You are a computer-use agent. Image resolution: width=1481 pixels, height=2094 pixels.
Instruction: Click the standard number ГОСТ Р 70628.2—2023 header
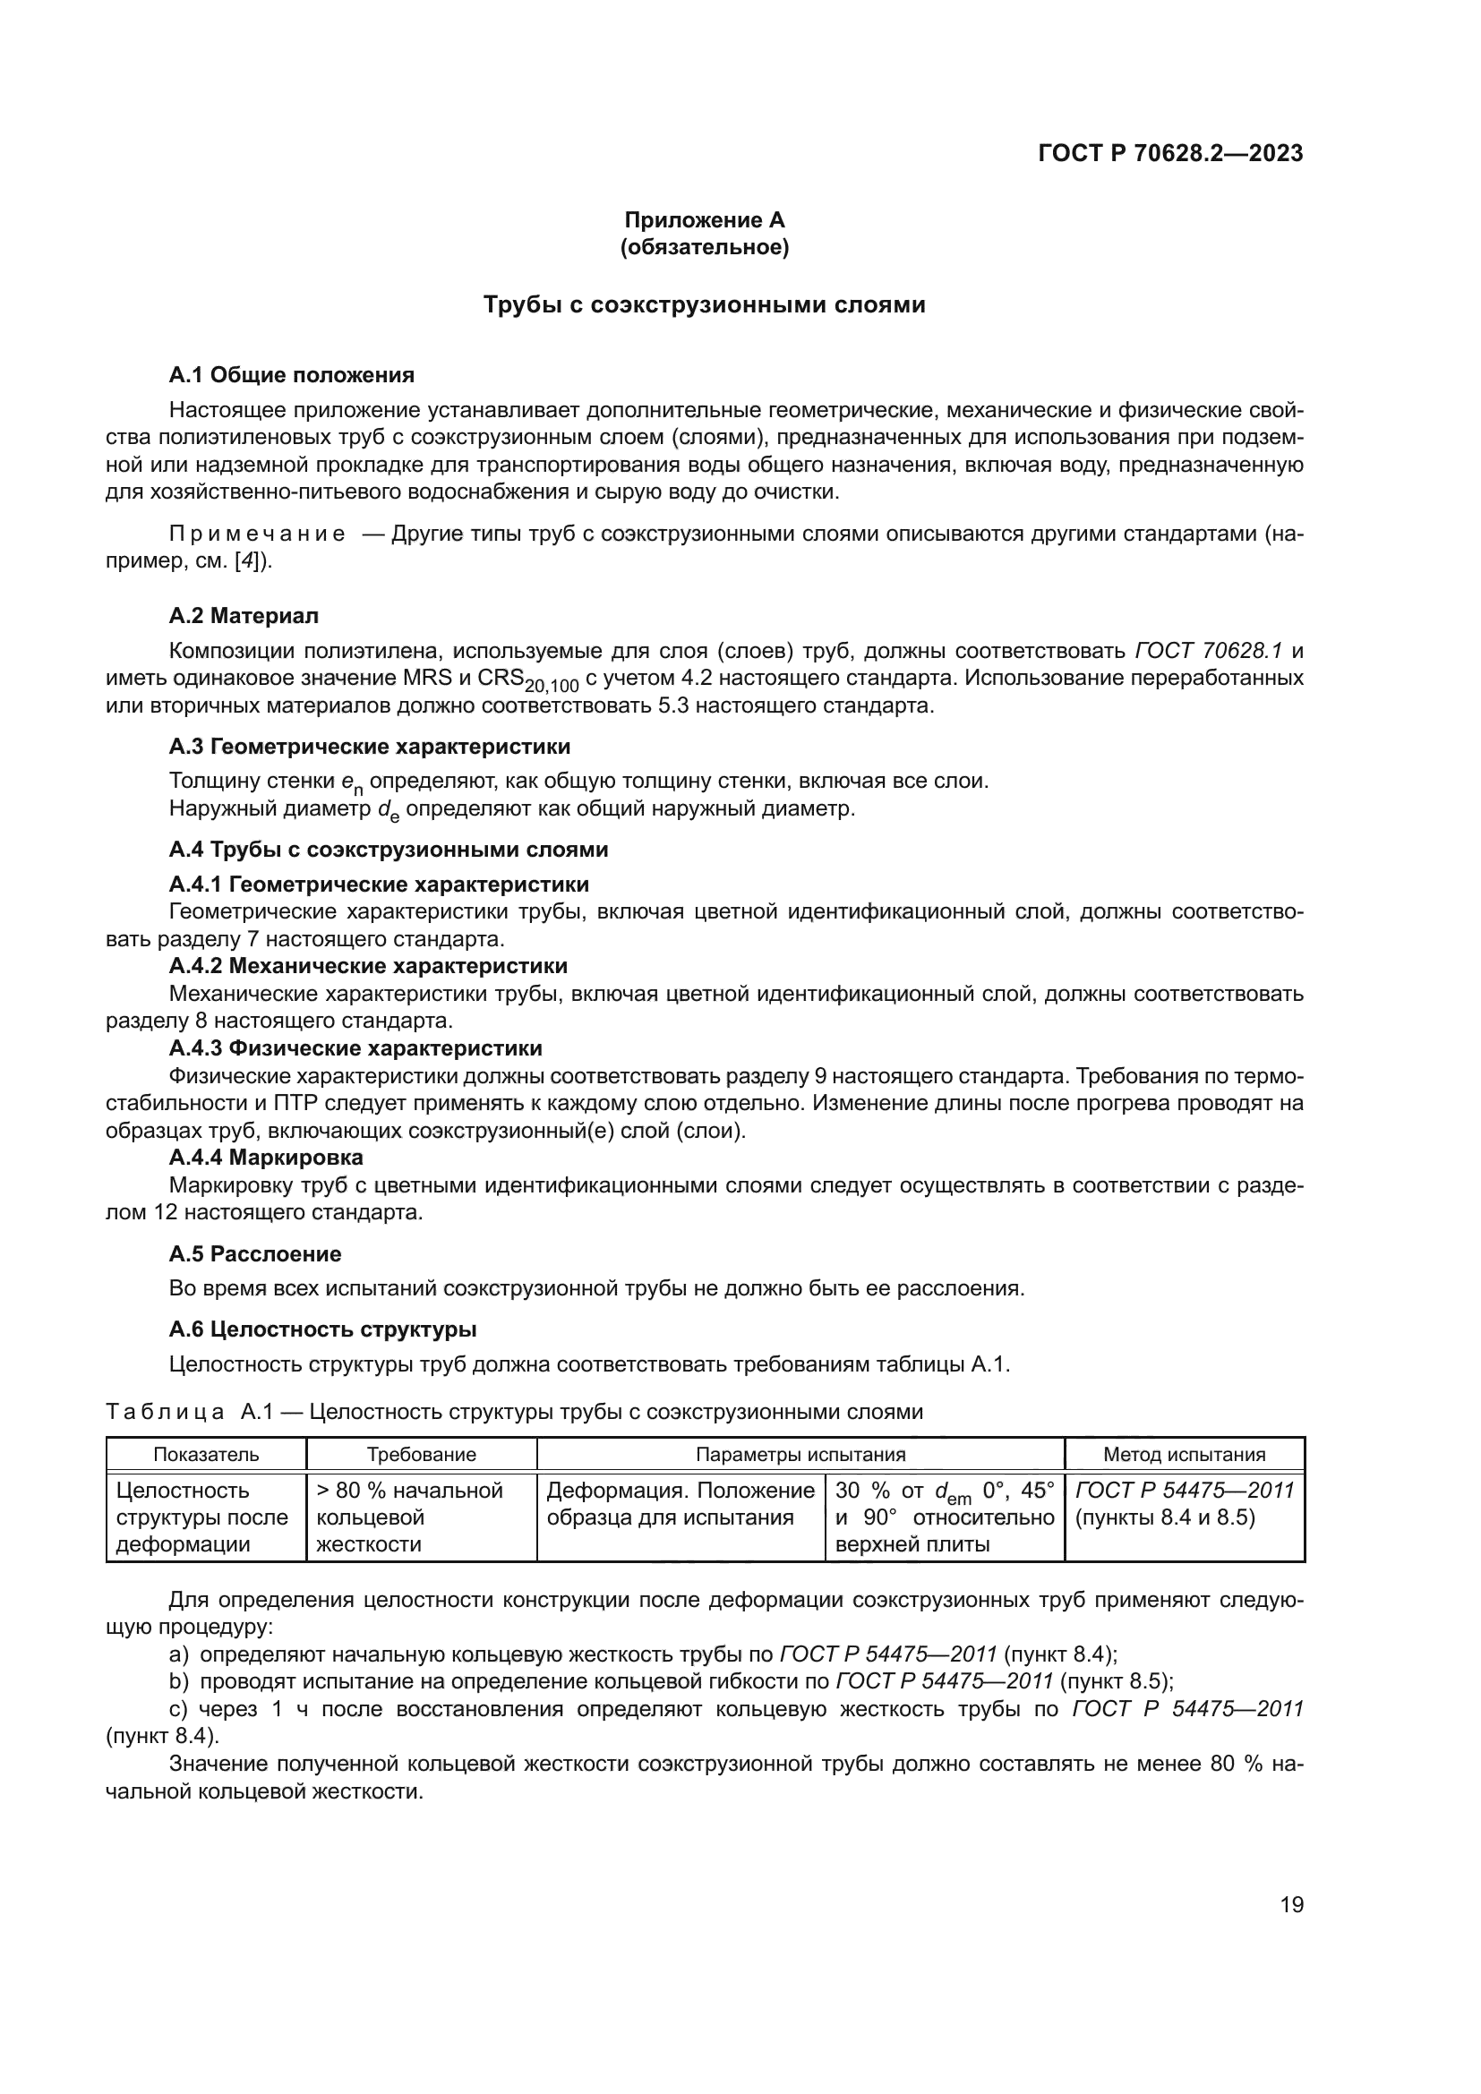point(1170,153)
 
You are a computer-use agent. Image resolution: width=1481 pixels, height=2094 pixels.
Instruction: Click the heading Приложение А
point(704,220)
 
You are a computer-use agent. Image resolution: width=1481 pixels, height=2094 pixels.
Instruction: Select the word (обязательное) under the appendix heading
point(704,247)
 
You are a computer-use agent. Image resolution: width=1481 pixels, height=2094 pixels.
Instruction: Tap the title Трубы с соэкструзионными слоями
point(704,304)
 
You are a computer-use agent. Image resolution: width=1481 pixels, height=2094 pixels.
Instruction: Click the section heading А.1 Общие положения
point(292,375)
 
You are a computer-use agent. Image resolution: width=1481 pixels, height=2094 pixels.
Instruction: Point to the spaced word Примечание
point(256,534)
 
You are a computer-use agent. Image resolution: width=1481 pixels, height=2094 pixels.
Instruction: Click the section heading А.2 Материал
point(244,616)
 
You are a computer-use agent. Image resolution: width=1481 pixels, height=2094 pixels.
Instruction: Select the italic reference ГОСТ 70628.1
point(1208,650)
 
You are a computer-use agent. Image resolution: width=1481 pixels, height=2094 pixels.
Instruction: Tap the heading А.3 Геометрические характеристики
point(369,746)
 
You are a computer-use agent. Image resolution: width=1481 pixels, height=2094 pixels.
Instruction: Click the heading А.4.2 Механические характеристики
point(367,965)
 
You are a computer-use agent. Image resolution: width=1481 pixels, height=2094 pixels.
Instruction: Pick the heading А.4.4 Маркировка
point(265,1157)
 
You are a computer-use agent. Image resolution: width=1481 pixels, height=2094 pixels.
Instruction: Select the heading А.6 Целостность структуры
point(323,1329)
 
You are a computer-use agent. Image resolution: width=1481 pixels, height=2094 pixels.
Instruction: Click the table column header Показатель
point(206,1455)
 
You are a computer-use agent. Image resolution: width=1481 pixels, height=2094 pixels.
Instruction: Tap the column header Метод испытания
point(1184,1455)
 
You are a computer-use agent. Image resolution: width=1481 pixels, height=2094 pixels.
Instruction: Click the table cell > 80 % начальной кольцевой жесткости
point(409,1517)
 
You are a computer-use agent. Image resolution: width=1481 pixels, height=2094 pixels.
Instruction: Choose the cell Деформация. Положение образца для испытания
point(680,1504)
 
